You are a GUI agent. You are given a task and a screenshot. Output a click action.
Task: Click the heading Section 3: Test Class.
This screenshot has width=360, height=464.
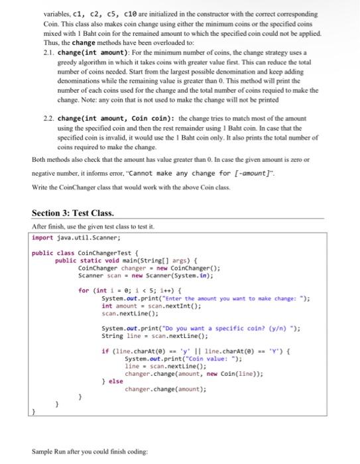72,213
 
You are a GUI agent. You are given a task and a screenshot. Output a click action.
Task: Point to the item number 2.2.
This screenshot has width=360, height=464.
47,117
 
